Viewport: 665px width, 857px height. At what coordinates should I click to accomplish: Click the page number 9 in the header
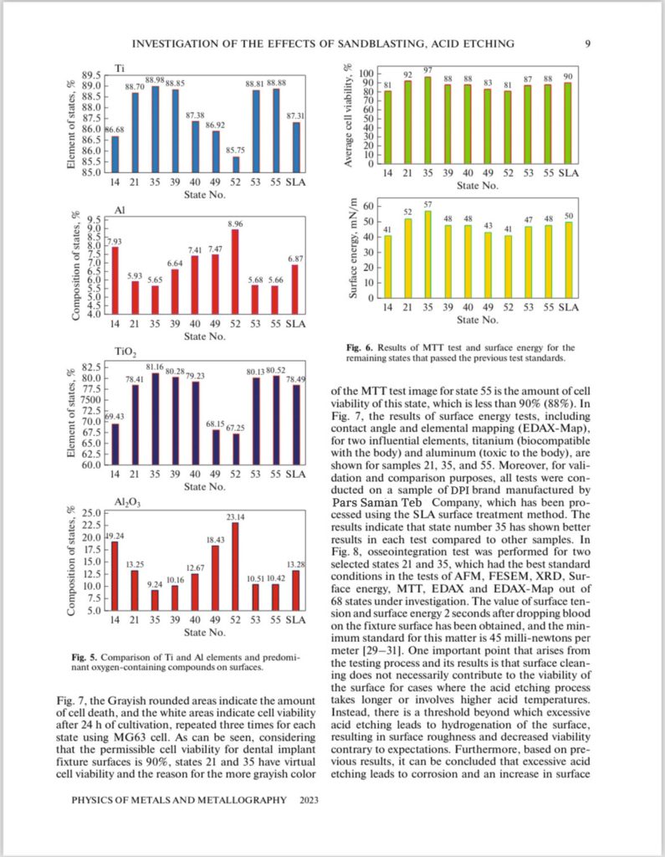pos(587,44)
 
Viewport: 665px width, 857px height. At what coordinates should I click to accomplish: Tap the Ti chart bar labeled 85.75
pos(235,164)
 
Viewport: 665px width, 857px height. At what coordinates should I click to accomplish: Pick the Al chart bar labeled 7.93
pos(115,280)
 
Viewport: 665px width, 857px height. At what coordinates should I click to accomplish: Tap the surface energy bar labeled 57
pos(427,254)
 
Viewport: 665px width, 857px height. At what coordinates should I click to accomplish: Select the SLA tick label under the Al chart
pos(295,324)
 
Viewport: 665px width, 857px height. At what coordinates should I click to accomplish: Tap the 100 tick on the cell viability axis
pos(366,74)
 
